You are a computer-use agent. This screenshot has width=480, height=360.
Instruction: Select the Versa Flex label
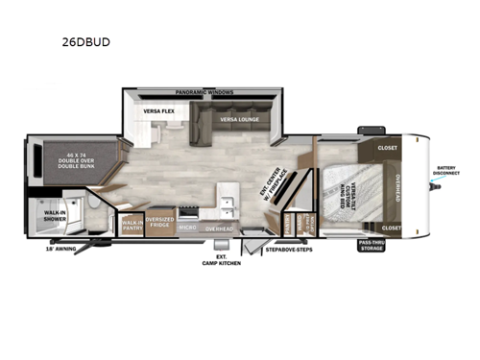(x=158, y=112)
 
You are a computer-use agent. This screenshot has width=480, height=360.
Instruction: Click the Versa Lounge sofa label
(x=237, y=120)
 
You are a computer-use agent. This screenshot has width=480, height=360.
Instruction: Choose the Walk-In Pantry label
(x=132, y=227)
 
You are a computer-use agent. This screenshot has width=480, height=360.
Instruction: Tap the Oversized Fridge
(x=160, y=226)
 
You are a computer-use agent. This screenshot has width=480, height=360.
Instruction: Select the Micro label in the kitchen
(x=188, y=228)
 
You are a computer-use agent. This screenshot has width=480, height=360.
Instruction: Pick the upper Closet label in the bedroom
(x=388, y=149)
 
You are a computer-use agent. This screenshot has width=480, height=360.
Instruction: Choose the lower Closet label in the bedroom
(x=391, y=228)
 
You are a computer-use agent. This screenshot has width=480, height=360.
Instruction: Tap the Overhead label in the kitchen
(x=220, y=228)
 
